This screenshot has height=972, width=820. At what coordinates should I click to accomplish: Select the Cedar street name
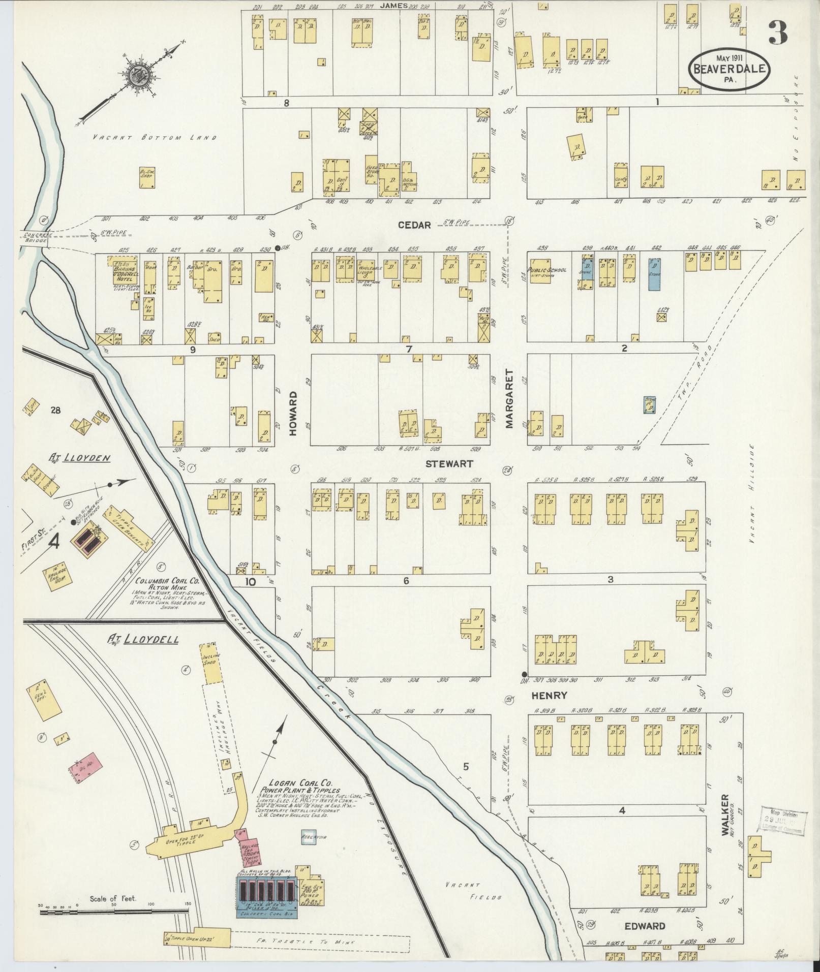pyautogui.click(x=414, y=225)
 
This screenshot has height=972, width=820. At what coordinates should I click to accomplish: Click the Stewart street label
pyautogui.click(x=449, y=464)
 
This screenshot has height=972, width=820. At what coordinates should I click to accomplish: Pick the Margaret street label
pyautogui.click(x=510, y=399)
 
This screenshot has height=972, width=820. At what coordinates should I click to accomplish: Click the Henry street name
pyautogui.click(x=549, y=695)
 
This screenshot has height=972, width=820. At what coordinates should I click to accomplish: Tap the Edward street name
pyautogui.click(x=645, y=926)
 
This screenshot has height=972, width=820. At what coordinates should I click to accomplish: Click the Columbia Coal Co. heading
pyautogui.click(x=168, y=580)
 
